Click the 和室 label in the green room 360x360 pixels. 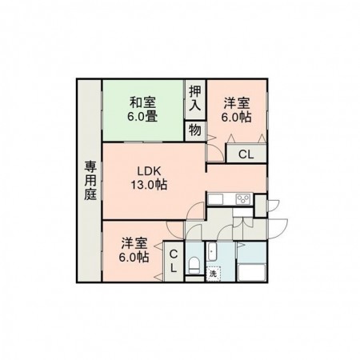coord(143,102)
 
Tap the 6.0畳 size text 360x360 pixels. coord(143,117)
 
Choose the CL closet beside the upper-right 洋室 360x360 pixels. coord(246,154)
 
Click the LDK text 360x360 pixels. coord(149,171)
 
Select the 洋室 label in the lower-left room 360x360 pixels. coord(134,242)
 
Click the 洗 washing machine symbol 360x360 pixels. coord(213,273)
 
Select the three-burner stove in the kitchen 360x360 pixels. coord(242,199)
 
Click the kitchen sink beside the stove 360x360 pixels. coord(220,199)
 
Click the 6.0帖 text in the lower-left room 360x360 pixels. coord(134,257)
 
